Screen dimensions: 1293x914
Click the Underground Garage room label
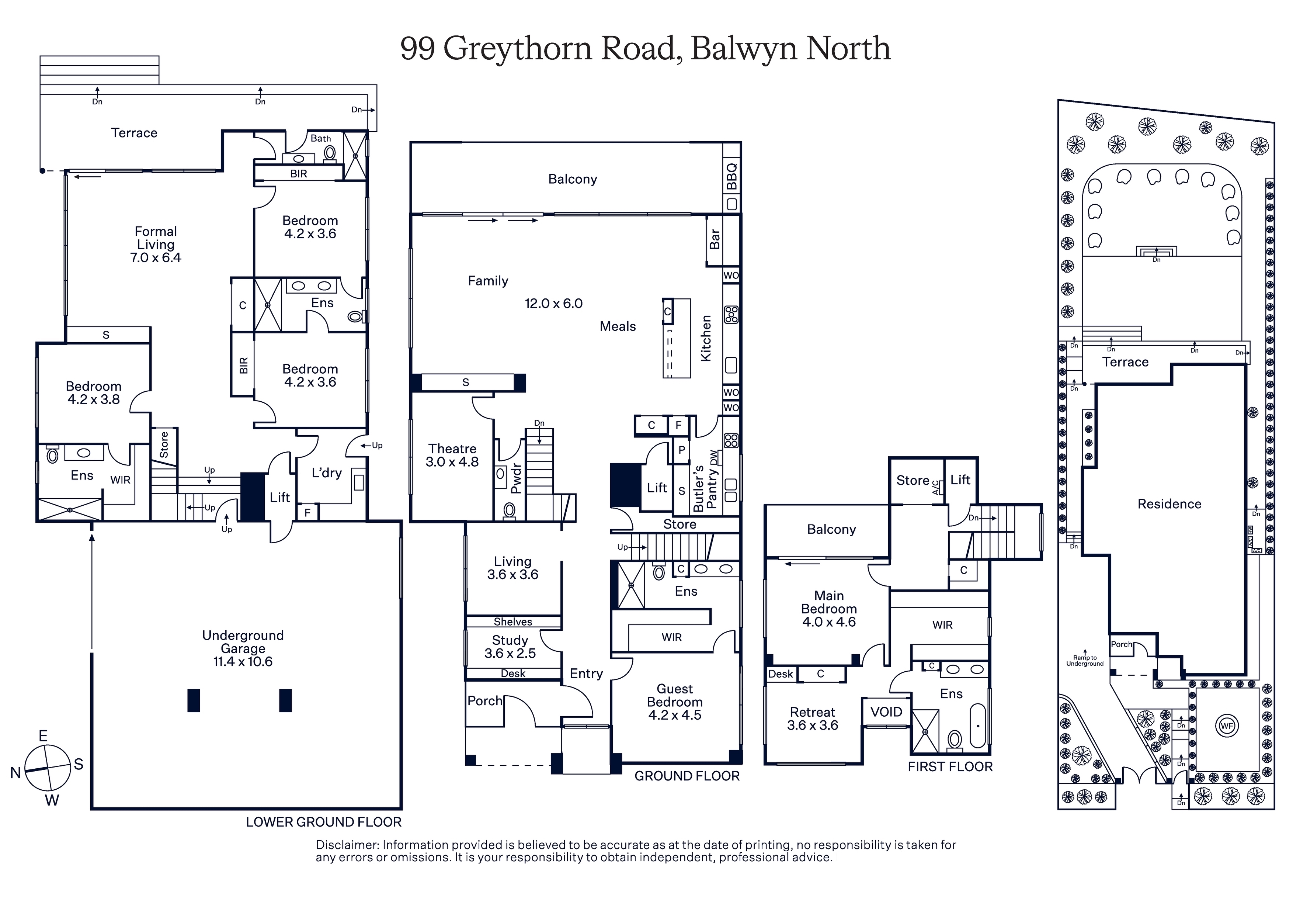(243, 648)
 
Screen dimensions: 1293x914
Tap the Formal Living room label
(156, 244)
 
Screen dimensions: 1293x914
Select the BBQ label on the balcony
(731, 176)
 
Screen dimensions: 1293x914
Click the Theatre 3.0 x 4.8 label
(452, 455)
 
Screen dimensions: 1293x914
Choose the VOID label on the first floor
(886, 712)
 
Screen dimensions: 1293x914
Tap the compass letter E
(43, 735)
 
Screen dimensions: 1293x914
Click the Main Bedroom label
(829, 609)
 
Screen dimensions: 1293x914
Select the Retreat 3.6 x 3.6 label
(813, 719)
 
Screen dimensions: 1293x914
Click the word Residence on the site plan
(1169, 504)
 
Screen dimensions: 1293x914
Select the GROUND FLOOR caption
(687, 776)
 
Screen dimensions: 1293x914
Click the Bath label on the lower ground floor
(321, 138)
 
